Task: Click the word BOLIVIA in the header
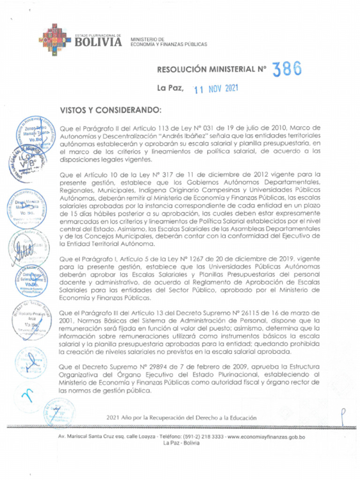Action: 98,42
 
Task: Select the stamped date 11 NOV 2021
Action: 216,89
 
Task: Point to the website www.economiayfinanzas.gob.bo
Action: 266,437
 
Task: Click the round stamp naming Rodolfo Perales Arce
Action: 31,321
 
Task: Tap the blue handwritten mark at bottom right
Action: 344,415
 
